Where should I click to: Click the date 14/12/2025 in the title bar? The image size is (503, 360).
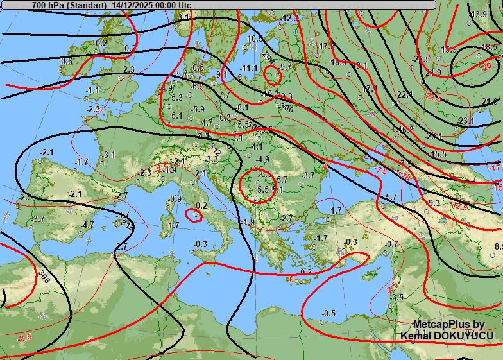pos(133,4)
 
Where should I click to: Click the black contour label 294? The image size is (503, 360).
pos(268,58)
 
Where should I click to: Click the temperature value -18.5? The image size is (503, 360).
pos(489,46)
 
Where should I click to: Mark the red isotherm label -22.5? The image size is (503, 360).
pos(433,97)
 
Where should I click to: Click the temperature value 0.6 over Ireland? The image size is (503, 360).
pos(67,61)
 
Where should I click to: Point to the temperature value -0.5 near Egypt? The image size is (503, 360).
pos(328,313)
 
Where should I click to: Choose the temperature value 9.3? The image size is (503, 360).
pos(434,203)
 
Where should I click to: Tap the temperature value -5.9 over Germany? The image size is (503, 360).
pos(198,109)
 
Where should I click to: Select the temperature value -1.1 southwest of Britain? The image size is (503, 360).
pos(93,90)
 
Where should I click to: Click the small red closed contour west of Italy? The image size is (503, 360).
pos(193,214)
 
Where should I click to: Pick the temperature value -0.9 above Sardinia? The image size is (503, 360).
pos(175,199)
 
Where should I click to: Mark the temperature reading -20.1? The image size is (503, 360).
pos(434,136)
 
